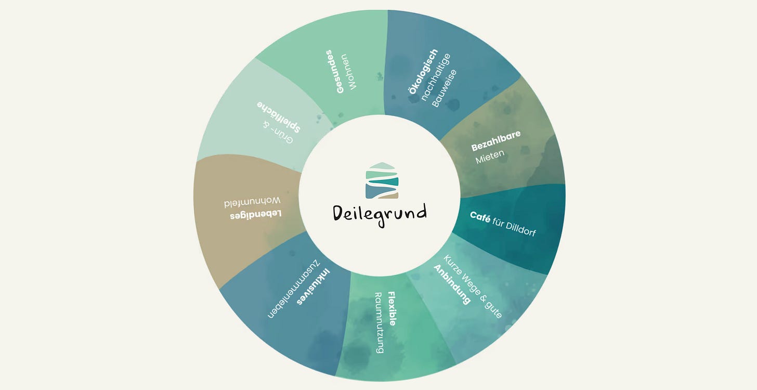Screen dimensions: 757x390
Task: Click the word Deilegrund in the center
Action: coord(380,213)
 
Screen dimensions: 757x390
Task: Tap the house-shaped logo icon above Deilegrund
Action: coord(382,180)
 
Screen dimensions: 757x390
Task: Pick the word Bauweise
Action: coord(444,89)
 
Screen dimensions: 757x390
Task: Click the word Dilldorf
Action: coord(518,228)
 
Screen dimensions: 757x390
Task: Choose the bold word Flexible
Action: coord(391,308)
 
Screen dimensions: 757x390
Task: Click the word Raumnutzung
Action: coord(379,322)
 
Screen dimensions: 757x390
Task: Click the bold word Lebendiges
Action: coord(256,214)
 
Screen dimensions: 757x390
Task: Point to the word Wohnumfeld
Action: coord(252,201)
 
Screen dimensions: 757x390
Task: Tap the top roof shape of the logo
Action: coord(382,166)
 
